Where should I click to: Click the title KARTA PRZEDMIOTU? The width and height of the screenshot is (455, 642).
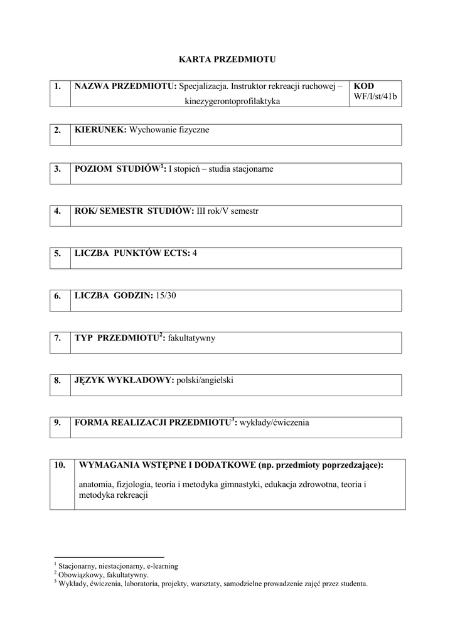227,60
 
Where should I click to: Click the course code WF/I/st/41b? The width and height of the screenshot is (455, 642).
375,97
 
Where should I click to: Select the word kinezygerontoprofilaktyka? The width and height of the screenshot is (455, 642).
232,100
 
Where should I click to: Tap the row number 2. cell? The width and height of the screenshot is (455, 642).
57,130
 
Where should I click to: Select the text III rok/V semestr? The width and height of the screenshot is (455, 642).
227,211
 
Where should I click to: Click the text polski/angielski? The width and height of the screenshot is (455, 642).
205,380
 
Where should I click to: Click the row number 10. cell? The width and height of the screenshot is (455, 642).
60,465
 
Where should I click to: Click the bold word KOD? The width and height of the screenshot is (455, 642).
364,86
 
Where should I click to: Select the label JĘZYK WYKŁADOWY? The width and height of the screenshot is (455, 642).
123,380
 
